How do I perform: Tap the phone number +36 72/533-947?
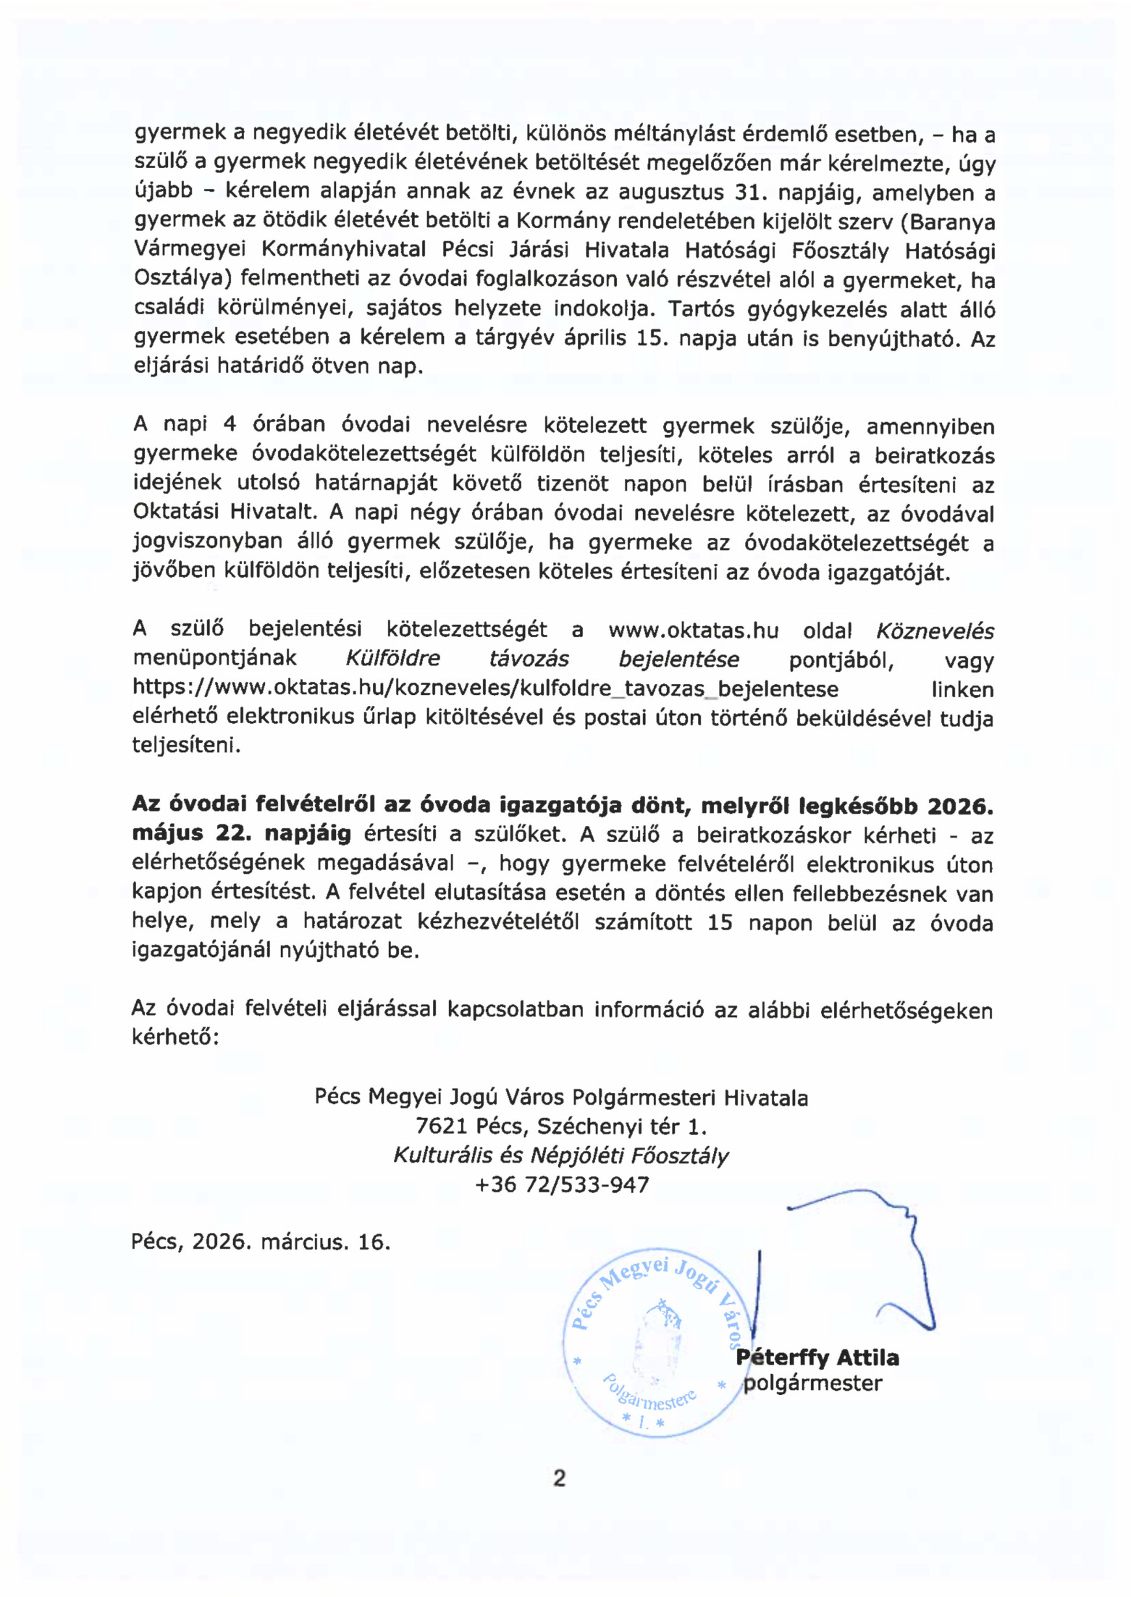point(562,1185)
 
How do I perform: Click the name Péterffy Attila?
point(817,1357)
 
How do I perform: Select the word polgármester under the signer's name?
point(813,1383)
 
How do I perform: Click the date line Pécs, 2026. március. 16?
point(261,1243)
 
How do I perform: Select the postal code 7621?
point(442,1127)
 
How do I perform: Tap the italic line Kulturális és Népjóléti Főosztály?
point(561,1156)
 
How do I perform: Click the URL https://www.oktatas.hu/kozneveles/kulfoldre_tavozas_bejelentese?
point(485,688)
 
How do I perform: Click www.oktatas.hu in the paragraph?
point(693,631)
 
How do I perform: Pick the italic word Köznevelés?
point(935,631)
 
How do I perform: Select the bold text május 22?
point(192,834)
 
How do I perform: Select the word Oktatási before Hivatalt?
point(176,512)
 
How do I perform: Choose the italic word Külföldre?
point(392,660)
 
